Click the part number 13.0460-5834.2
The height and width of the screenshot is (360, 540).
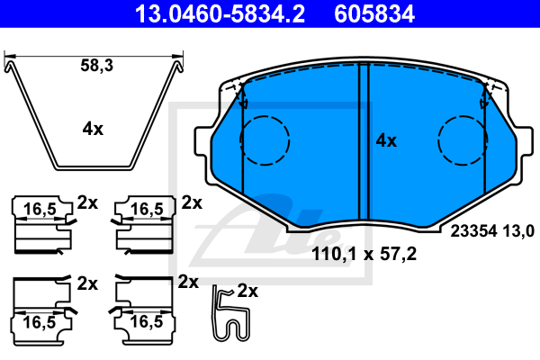220,13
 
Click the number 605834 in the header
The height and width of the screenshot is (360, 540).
374,13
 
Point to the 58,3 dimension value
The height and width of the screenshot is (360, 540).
97,65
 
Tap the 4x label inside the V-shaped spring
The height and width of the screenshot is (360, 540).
93,130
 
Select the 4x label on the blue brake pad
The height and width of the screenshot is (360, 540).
386,140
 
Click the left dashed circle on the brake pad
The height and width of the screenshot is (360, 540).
265,116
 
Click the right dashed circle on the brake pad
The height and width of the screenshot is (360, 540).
463,116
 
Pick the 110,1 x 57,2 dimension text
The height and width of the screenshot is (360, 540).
364,254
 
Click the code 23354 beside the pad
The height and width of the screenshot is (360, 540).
474,230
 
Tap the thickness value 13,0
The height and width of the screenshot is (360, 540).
518,230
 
